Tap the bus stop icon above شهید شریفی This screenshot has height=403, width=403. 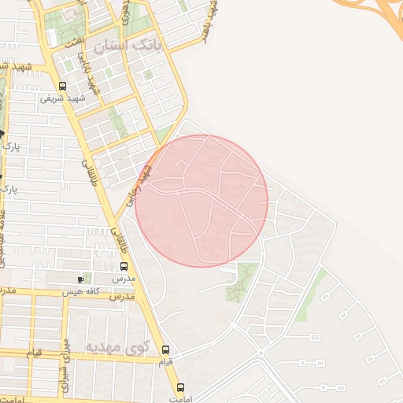coord(62,86)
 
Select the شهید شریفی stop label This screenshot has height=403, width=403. coord(62,99)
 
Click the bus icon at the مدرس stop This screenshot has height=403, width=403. coord(123,266)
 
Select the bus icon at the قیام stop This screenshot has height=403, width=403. coord(165,349)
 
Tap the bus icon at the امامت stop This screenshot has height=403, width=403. coord(181,387)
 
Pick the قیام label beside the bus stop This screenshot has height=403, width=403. coord(165,361)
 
